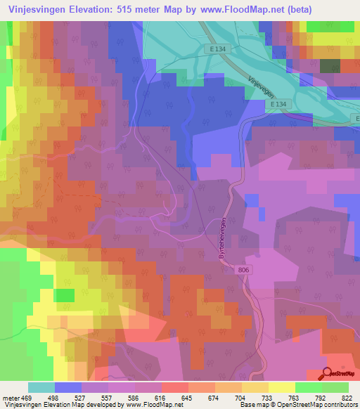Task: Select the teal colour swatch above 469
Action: point(41,387)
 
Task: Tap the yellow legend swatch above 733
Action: point(255,387)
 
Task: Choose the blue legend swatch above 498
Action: point(67,387)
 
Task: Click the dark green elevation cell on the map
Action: point(329,65)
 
